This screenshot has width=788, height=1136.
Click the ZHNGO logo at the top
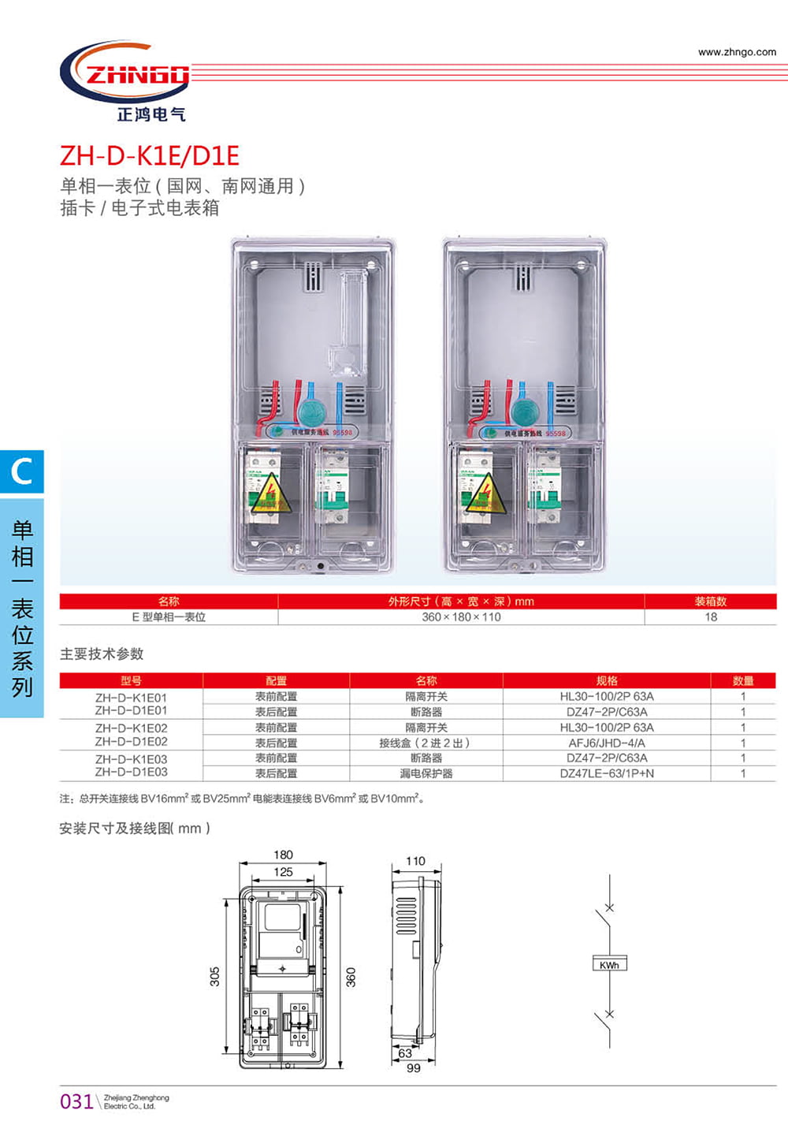tap(126, 75)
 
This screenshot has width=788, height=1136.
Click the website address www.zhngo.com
tap(737, 52)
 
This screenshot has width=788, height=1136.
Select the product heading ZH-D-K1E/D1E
tap(150, 155)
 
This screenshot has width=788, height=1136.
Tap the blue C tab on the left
tap(21, 471)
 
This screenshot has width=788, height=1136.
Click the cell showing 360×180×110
tap(461, 617)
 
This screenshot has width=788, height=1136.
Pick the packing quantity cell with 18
tap(711, 617)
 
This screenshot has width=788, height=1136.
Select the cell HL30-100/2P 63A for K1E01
tap(607, 696)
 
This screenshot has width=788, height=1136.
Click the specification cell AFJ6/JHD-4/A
tap(607, 743)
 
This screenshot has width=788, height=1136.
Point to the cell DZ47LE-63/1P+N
tap(607, 773)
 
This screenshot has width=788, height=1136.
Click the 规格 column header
tap(607, 680)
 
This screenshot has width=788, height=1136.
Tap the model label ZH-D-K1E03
tap(131, 759)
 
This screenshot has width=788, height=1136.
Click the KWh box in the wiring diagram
tap(609, 964)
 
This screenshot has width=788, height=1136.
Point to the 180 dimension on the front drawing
tap(283, 855)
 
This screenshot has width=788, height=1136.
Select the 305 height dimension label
tap(215, 976)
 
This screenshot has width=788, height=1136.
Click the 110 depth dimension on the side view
tap(415, 861)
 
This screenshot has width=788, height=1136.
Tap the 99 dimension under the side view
tap(413, 1068)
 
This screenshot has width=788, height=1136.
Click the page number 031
tap(76, 1101)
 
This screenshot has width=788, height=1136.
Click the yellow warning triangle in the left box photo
tap(270, 495)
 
